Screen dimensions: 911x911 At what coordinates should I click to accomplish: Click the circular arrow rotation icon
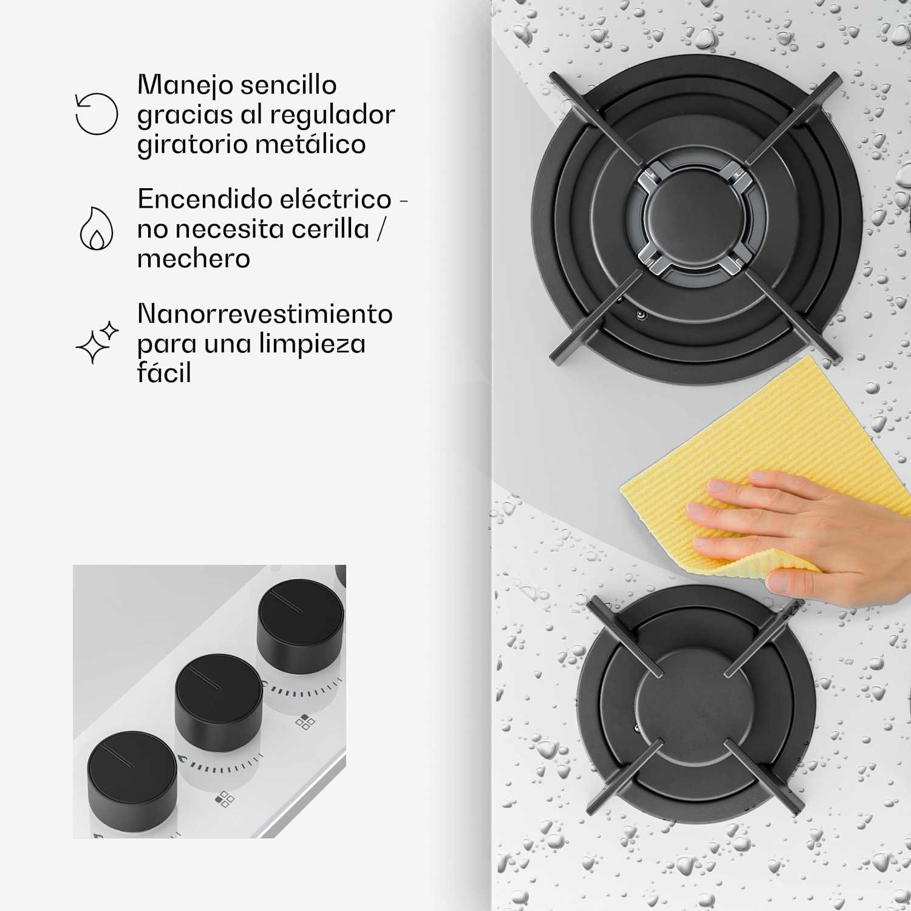pos(97,114)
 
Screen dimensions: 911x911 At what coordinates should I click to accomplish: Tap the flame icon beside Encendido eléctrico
pos(97,229)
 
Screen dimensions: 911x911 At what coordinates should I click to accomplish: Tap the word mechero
pos(194,258)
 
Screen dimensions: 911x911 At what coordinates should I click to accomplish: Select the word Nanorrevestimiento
pos(265,313)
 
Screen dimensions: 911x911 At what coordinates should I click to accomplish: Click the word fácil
pos(164,372)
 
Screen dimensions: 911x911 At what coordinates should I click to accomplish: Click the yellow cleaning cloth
pos(765,443)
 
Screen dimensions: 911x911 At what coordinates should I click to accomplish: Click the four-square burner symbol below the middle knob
pos(225,799)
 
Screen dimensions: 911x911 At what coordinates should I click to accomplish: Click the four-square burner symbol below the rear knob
pos(305,722)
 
